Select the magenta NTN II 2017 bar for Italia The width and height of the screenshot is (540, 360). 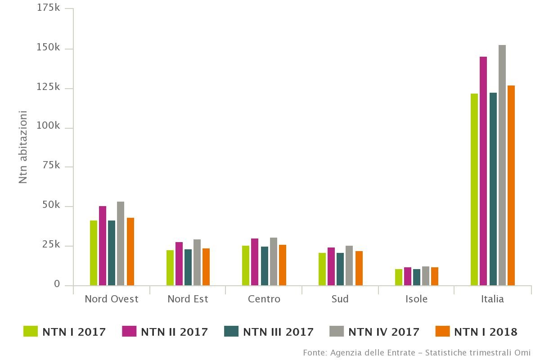click(483, 171)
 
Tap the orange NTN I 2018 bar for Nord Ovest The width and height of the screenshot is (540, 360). click(130, 252)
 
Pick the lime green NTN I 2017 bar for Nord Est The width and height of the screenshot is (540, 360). click(170, 268)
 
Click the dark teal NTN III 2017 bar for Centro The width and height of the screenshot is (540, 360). click(265, 266)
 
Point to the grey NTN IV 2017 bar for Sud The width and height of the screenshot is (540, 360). click(349, 265)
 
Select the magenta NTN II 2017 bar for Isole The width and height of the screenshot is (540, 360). click(408, 276)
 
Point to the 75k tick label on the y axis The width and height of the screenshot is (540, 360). click(51, 166)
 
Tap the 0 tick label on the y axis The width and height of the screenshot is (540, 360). click(57, 284)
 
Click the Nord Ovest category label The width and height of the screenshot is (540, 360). click(112, 299)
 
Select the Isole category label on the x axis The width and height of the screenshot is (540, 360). click(416, 299)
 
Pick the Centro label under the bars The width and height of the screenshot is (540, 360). click(264, 299)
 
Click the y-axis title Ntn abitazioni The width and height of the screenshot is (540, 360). click(23, 147)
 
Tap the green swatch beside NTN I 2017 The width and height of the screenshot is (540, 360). click(31, 332)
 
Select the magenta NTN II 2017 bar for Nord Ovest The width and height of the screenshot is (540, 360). click(103, 246)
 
